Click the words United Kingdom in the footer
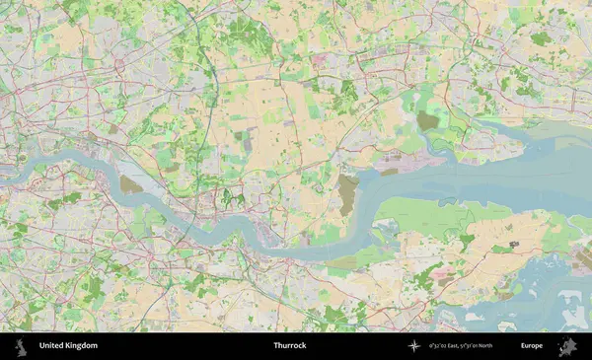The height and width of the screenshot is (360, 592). tap(68, 345)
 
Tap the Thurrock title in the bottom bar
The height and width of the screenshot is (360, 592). tap(290, 345)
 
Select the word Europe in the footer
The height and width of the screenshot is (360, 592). tap(532, 345)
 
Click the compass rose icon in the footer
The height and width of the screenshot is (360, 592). tap(414, 345)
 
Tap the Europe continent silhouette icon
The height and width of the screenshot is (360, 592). tap(567, 345)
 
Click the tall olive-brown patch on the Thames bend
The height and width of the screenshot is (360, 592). tap(348, 193)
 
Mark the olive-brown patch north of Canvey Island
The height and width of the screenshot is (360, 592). tap(427, 120)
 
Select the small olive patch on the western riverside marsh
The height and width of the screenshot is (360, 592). tap(130, 184)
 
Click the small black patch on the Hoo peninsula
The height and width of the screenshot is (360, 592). tap(513, 243)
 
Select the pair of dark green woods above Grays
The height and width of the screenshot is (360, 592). tap(233, 196)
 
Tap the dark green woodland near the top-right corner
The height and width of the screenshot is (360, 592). tap(541, 39)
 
